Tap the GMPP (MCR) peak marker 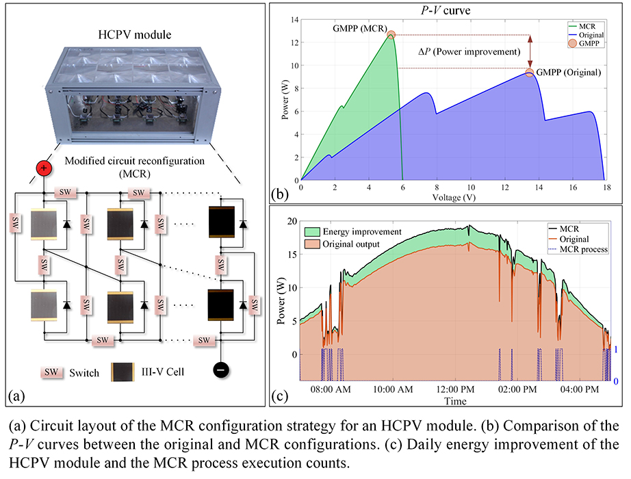pyautogui.click(x=391, y=35)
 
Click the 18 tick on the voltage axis pyautogui.click(x=604, y=187)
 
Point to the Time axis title pyautogui.click(x=455, y=401)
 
